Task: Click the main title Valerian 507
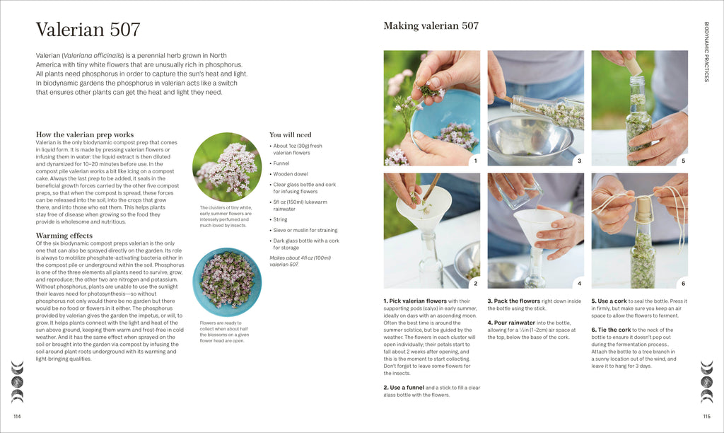click(88, 30)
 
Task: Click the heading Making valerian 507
click(431, 26)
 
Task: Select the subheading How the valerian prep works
click(84, 134)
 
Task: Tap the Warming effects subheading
click(64, 236)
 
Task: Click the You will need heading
click(290, 134)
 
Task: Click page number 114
click(17, 416)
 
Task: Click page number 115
click(706, 416)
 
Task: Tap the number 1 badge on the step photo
click(475, 161)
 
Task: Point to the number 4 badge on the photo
click(579, 283)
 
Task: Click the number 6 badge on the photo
click(683, 283)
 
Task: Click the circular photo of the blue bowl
click(227, 282)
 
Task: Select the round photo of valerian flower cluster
click(227, 167)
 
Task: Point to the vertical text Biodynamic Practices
click(706, 52)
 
